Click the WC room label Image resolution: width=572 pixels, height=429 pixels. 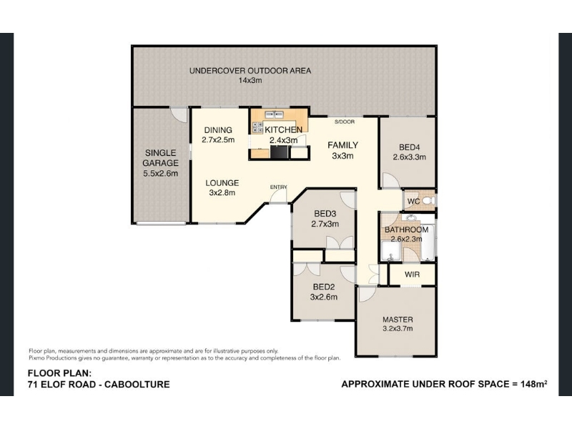pyautogui.click(x=413, y=202)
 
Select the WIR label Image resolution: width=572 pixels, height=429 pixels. pyautogui.click(x=412, y=275)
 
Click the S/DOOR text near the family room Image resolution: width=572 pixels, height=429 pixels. pyautogui.click(x=345, y=122)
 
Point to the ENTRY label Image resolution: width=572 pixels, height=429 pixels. pyautogui.click(x=278, y=187)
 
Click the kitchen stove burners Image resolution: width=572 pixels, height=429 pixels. pyautogui.click(x=257, y=127)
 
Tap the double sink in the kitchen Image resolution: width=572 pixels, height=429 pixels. pyautogui.click(x=275, y=114)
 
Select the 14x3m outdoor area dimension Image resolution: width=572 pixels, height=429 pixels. pyautogui.click(x=250, y=80)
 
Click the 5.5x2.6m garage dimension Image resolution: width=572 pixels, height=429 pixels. pyautogui.click(x=160, y=174)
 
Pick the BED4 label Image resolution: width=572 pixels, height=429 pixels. pyautogui.click(x=409, y=147)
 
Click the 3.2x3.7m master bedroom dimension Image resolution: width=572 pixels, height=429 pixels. pyautogui.click(x=398, y=328)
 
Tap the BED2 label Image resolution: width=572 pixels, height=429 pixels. pyautogui.click(x=324, y=287)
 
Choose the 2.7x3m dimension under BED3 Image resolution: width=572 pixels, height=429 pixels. pyautogui.click(x=325, y=224)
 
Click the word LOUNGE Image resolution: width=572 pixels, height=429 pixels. pyautogui.click(x=222, y=183)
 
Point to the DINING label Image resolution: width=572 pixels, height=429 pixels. pyautogui.click(x=218, y=130)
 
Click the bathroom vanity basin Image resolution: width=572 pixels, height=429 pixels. pyautogui.click(x=411, y=218)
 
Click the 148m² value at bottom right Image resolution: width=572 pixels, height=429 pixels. pyautogui.click(x=534, y=384)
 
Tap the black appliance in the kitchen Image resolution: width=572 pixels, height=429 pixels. pyautogui.click(x=280, y=152)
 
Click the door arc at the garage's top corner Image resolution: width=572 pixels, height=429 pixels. pyautogui.click(x=179, y=115)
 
